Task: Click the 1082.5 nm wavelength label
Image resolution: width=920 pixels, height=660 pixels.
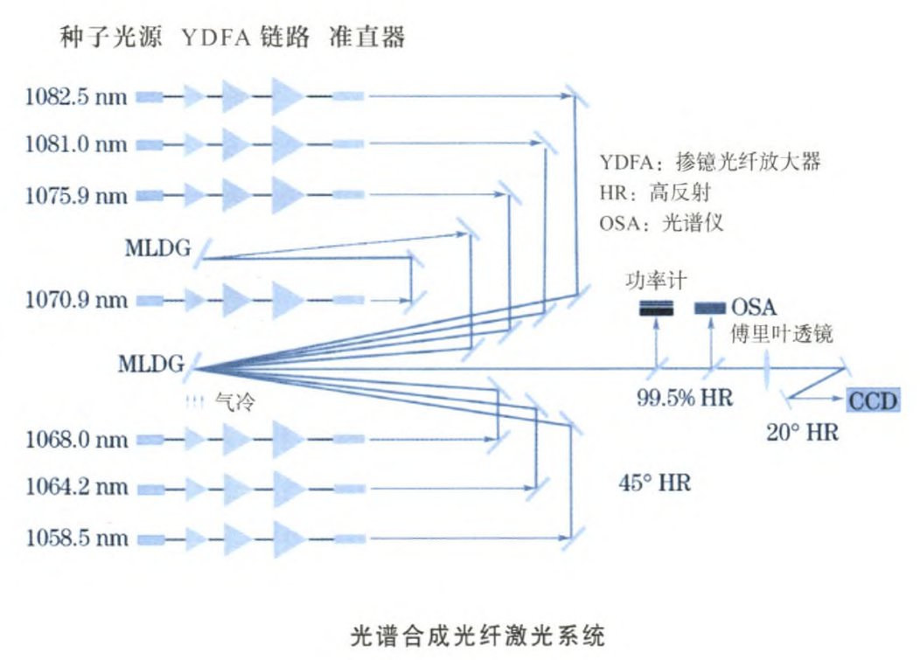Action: click(x=75, y=96)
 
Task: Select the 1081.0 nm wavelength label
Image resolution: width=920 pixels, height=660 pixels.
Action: click(x=75, y=143)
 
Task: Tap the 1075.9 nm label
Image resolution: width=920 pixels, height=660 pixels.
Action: click(x=75, y=195)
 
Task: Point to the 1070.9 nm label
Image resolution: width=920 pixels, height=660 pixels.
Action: click(x=75, y=300)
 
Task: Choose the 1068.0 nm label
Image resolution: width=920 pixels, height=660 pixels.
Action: click(x=75, y=438)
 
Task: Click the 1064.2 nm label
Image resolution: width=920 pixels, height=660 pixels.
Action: click(x=75, y=487)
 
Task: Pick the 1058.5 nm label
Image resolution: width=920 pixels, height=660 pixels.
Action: click(x=75, y=538)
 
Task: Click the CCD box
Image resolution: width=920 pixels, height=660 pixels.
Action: click(x=872, y=399)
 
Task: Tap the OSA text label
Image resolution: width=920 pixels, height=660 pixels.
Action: click(x=754, y=308)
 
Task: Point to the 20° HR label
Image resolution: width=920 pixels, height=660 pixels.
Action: click(x=802, y=432)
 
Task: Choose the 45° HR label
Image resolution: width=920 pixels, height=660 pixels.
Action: click(x=654, y=482)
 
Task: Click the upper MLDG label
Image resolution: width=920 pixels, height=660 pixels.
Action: click(x=157, y=247)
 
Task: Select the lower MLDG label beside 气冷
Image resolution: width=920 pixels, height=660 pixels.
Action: click(x=151, y=363)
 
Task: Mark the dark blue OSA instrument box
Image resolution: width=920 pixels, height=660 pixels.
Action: click(x=709, y=308)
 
